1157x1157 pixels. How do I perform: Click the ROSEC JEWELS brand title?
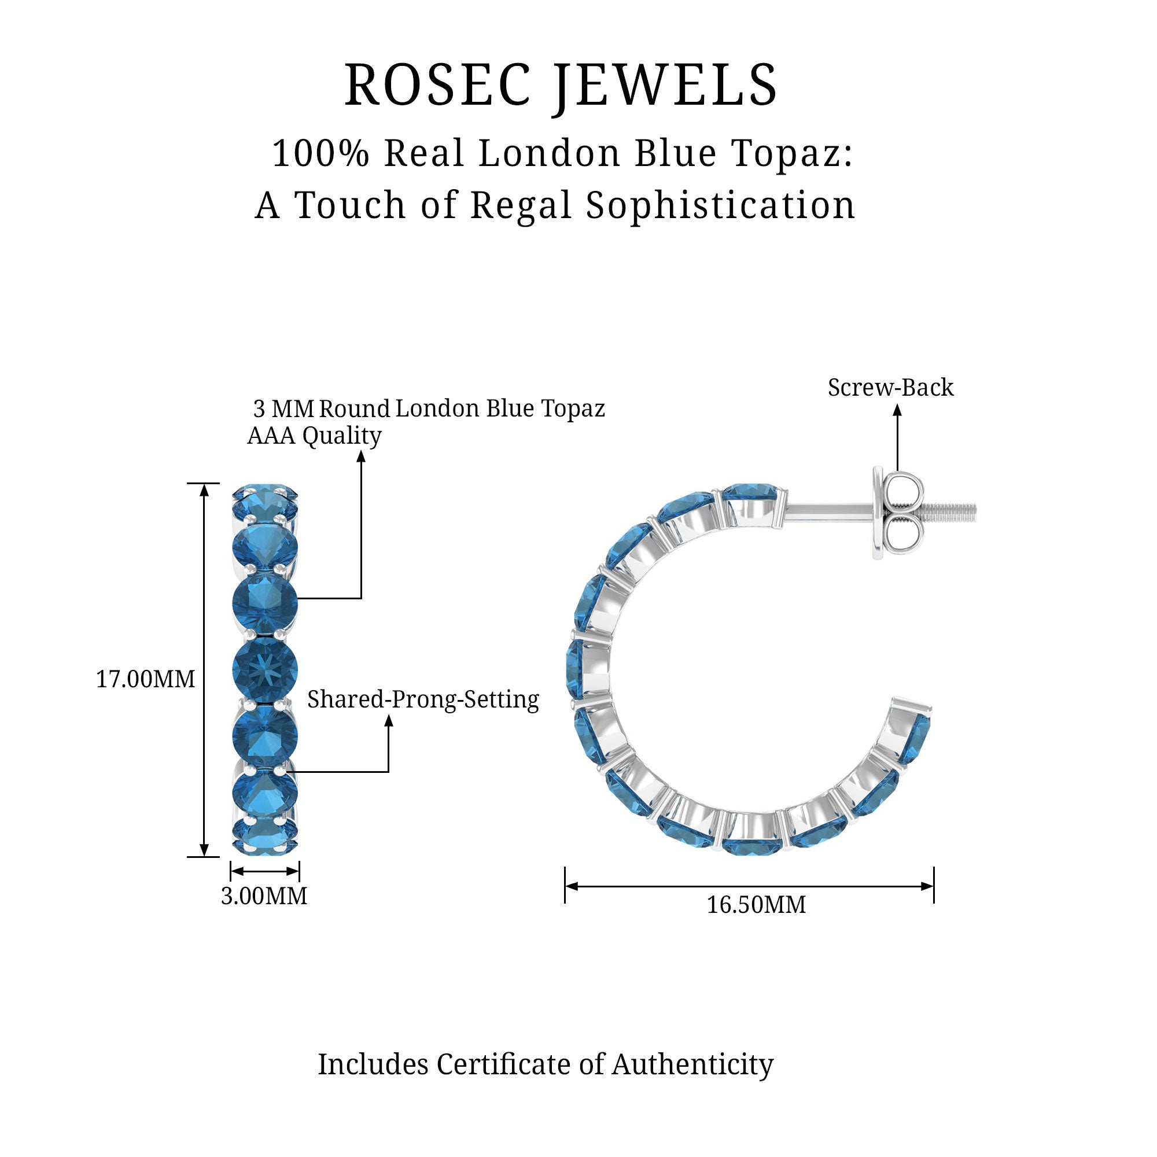click(561, 86)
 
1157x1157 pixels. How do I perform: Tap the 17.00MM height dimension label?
click(146, 679)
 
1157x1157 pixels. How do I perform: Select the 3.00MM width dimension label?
click(264, 896)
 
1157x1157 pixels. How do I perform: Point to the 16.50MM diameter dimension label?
click(756, 904)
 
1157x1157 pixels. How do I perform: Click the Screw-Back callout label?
click(890, 388)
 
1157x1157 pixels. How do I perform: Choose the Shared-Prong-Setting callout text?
click(423, 699)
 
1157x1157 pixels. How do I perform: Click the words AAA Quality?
click(314, 436)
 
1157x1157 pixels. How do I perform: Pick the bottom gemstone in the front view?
click(265, 837)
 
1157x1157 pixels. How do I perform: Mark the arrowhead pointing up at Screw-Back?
click(897, 410)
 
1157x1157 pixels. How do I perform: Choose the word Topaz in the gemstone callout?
click(573, 408)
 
